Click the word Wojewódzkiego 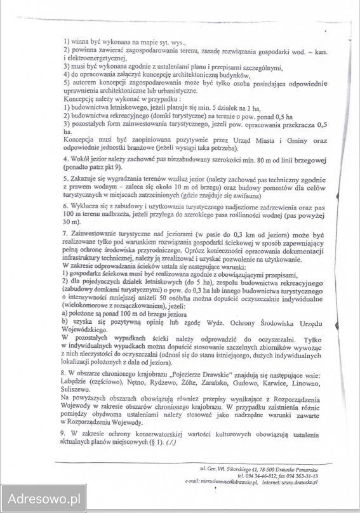point(90,330)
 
